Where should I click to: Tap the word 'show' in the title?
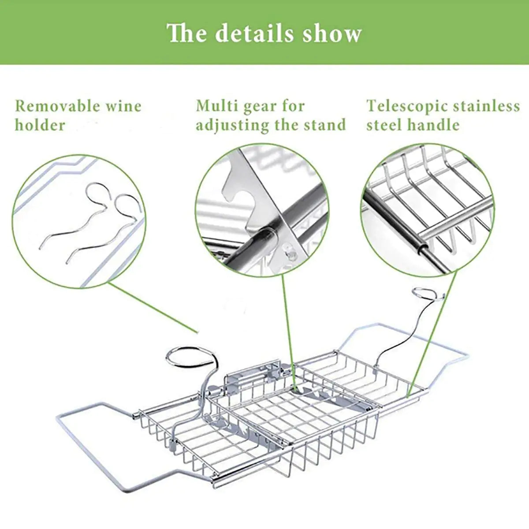point(332,34)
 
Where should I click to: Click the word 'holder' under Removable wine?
point(40,125)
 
